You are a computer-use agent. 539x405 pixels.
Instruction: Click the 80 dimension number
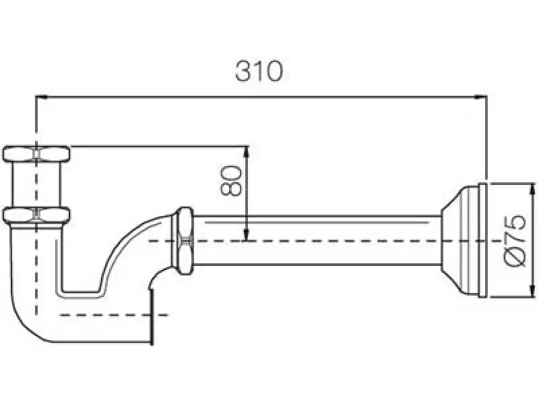tap(231, 180)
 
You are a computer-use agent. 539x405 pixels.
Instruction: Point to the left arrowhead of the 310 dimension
tap(40, 97)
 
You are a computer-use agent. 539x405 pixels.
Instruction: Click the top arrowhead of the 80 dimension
tap(248, 150)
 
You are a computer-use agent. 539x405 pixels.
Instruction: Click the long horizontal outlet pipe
tap(317, 240)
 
